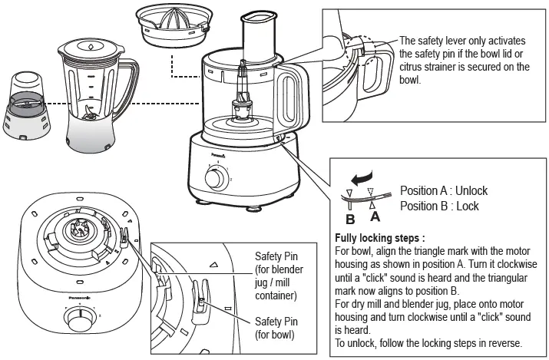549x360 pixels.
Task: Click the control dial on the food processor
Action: (216, 178)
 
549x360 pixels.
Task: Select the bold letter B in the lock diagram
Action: (350, 216)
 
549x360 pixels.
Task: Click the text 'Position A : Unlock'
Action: (444, 191)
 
